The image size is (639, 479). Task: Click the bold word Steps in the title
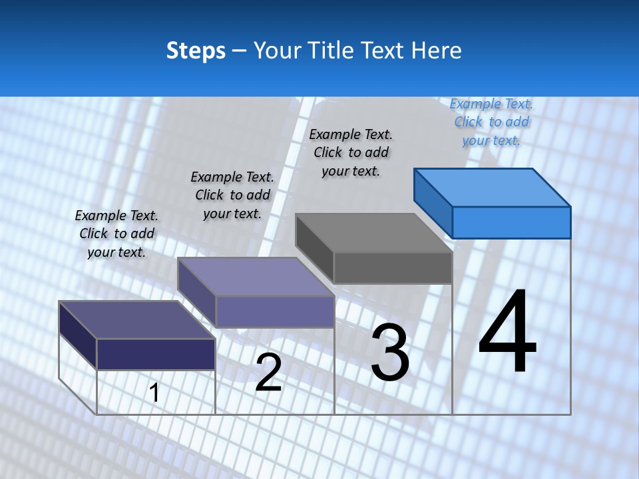[195, 51]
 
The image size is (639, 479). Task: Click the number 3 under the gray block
[390, 353]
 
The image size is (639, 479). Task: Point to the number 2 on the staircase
[268, 373]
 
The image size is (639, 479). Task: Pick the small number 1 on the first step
[154, 393]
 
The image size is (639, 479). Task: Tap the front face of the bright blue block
[511, 222]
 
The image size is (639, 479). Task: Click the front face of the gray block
[393, 267]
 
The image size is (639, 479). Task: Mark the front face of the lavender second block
[274, 311]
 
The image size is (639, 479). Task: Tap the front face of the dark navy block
[156, 354]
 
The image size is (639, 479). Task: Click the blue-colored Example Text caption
[491, 122]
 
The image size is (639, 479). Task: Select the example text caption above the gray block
[351, 152]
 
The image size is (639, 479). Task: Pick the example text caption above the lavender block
[232, 195]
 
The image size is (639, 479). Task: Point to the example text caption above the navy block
[116, 234]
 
